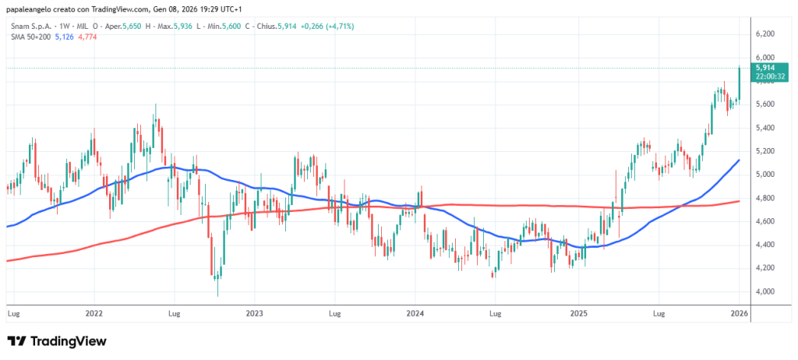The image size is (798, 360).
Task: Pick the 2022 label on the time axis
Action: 94,314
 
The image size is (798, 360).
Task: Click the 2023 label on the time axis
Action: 254,314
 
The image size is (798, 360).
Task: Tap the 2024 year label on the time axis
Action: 415,314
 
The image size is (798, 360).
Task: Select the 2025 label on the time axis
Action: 577,314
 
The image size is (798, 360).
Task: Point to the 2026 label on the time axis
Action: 740,314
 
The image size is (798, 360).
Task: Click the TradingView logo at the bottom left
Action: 56,341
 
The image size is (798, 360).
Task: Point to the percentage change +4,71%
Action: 340,26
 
